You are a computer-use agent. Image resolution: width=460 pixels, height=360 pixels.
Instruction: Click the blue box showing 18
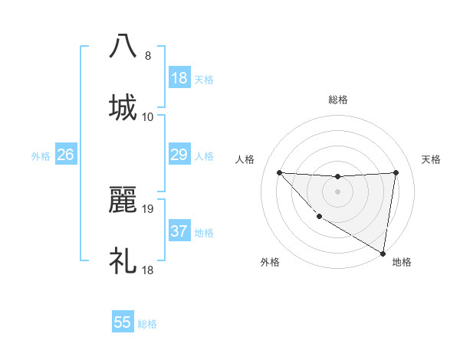(x=179, y=78)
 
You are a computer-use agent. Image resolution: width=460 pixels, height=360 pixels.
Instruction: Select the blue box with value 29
(x=179, y=155)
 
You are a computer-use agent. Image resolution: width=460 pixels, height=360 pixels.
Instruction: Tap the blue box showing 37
(x=179, y=231)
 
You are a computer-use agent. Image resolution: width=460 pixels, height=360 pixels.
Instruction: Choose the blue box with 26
(x=66, y=155)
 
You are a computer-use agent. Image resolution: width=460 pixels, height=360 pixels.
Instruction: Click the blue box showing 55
(x=123, y=322)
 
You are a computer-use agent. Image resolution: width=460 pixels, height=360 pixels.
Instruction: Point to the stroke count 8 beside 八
(x=148, y=56)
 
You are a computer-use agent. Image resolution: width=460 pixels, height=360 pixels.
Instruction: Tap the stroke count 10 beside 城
(x=149, y=117)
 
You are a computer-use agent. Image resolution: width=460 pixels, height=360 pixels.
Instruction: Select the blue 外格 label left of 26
(x=41, y=156)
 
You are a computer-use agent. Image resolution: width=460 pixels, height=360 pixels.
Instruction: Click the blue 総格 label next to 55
(x=147, y=324)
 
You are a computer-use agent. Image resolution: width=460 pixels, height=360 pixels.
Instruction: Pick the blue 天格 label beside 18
(x=204, y=80)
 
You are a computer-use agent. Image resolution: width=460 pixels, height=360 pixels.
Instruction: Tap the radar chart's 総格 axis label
(x=337, y=100)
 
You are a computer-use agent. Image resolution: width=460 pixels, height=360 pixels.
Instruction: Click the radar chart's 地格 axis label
(x=402, y=263)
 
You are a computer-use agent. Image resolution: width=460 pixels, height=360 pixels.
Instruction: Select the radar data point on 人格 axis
(x=279, y=172)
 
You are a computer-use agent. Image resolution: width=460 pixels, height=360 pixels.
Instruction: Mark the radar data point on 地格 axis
(x=383, y=254)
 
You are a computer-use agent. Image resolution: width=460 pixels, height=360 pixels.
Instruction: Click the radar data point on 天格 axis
(x=396, y=172)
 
